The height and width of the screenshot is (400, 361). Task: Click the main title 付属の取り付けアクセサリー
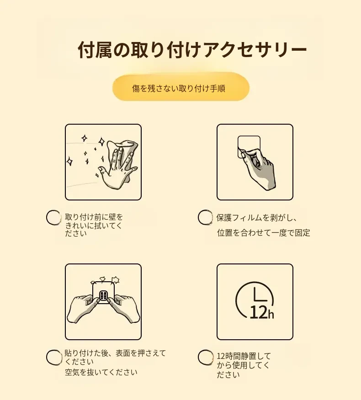click(x=192, y=49)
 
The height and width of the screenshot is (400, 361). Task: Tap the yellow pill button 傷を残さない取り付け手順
click(x=181, y=88)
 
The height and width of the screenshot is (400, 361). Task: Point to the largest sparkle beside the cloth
click(x=101, y=142)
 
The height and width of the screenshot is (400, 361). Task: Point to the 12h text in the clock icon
click(x=262, y=312)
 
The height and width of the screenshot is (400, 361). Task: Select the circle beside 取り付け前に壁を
click(x=53, y=218)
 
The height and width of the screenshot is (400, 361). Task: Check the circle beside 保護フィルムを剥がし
click(x=205, y=217)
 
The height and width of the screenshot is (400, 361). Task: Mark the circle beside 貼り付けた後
click(x=54, y=357)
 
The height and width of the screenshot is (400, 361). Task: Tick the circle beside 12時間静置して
click(x=205, y=357)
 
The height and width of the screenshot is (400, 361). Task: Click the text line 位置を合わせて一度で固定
click(x=264, y=233)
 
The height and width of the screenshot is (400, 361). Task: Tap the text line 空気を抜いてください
click(x=101, y=372)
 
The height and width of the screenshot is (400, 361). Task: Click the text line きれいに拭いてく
click(x=94, y=226)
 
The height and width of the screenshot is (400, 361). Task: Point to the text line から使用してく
click(x=243, y=365)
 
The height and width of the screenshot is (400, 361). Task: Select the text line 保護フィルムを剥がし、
click(x=256, y=218)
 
